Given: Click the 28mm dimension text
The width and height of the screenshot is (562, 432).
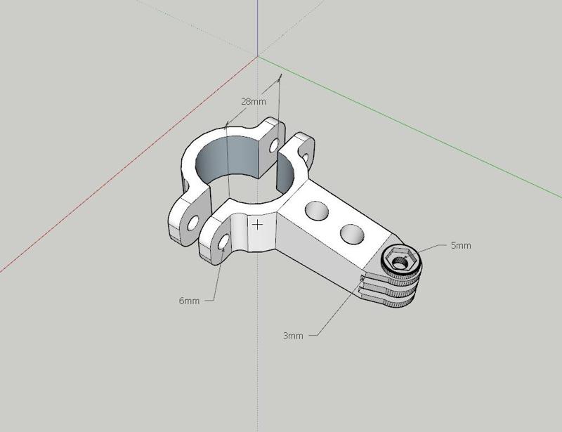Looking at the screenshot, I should (x=254, y=101).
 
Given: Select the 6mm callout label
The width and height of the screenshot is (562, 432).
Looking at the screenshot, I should (x=189, y=301).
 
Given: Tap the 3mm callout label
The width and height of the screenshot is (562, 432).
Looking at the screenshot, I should (x=293, y=336).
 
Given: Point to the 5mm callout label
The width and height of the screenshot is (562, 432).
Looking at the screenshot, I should (x=461, y=246).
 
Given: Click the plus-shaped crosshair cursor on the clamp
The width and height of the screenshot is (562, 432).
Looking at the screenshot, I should (x=259, y=225).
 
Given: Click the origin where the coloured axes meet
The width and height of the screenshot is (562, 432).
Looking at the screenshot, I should (x=258, y=56).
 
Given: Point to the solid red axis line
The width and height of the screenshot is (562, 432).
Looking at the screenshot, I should (x=105, y=176).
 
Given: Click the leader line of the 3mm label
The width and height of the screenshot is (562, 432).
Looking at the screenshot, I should (x=337, y=309).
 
